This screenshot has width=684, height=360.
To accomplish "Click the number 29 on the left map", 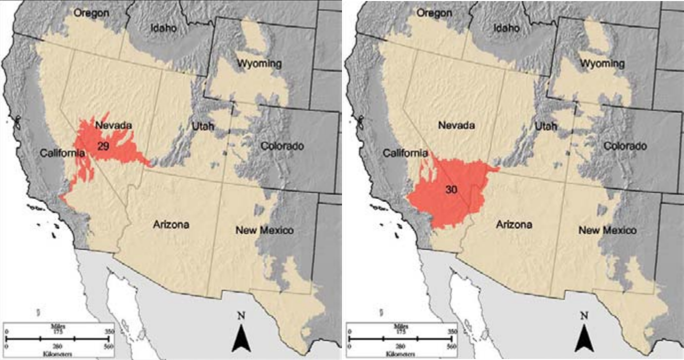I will tap(103, 146).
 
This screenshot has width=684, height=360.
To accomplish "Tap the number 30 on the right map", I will tap(451, 190).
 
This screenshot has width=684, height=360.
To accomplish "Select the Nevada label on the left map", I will tap(113, 125).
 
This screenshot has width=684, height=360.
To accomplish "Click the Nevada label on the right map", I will tap(456, 125).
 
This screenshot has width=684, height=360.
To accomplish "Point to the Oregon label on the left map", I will tap(91, 13).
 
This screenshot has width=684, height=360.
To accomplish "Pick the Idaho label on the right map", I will tap(506, 28).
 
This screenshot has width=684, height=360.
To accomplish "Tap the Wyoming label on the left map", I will tap(259, 63).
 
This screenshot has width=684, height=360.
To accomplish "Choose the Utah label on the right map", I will tap(545, 126).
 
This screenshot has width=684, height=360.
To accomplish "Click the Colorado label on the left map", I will tap(282, 146).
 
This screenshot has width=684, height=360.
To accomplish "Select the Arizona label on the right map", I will tap(514, 224).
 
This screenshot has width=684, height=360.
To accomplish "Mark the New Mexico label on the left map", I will tap(264, 230).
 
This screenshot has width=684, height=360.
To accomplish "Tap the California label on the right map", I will tap(405, 153).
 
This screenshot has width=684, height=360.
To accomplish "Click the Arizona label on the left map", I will tap(171, 224).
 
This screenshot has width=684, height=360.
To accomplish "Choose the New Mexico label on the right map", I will tap(607, 230).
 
